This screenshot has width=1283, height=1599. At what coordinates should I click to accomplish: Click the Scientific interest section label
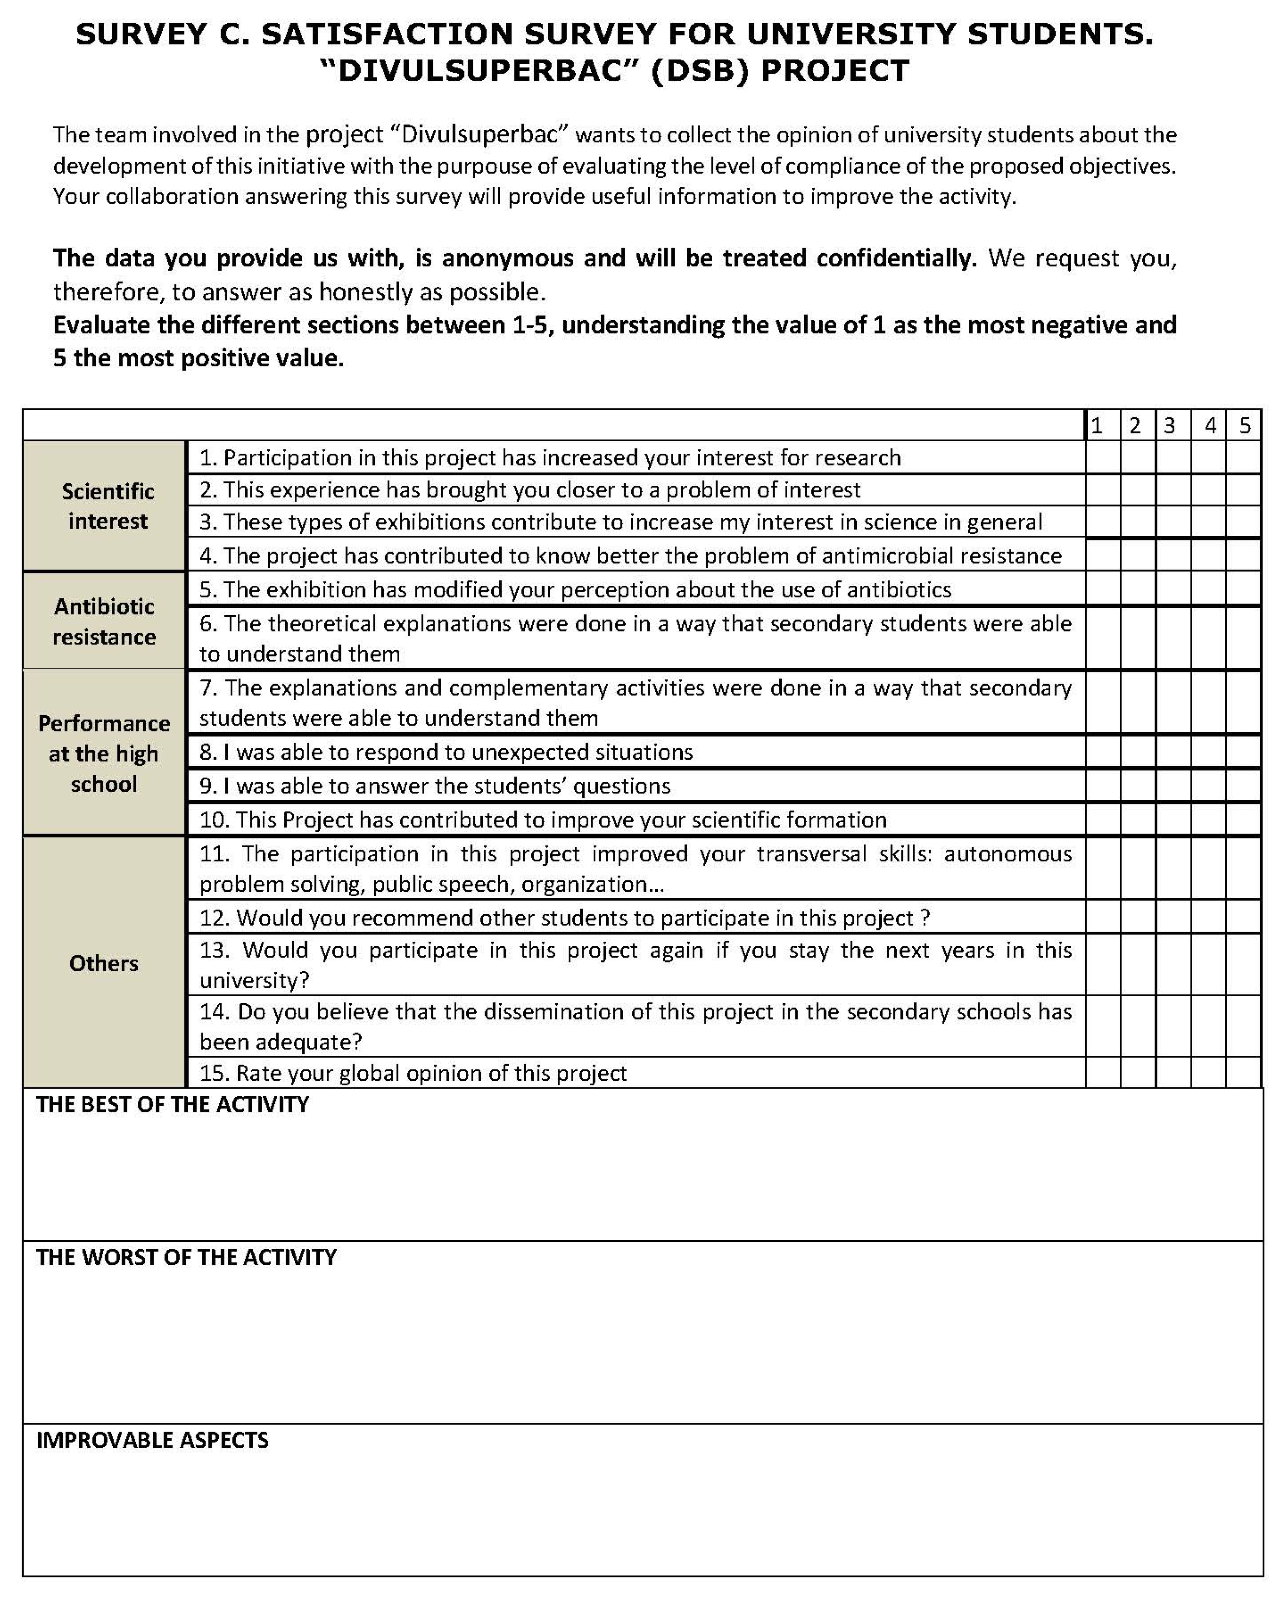(x=107, y=506)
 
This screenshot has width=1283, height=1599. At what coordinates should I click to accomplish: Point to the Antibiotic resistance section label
(x=104, y=622)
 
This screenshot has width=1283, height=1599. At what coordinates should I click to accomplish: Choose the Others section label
(x=104, y=962)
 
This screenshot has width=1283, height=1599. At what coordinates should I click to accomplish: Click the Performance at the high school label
(x=104, y=753)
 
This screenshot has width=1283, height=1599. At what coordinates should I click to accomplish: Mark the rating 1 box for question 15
(x=1103, y=1073)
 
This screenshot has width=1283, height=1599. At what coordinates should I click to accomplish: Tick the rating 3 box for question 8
(x=1173, y=752)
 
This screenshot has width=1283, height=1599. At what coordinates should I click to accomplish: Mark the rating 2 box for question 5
(x=1138, y=589)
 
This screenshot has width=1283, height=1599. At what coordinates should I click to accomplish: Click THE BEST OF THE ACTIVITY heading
(x=172, y=1105)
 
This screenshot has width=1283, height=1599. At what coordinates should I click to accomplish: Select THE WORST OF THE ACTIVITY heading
(x=186, y=1258)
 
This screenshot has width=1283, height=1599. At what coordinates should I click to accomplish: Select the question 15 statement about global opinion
(x=413, y=1073)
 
